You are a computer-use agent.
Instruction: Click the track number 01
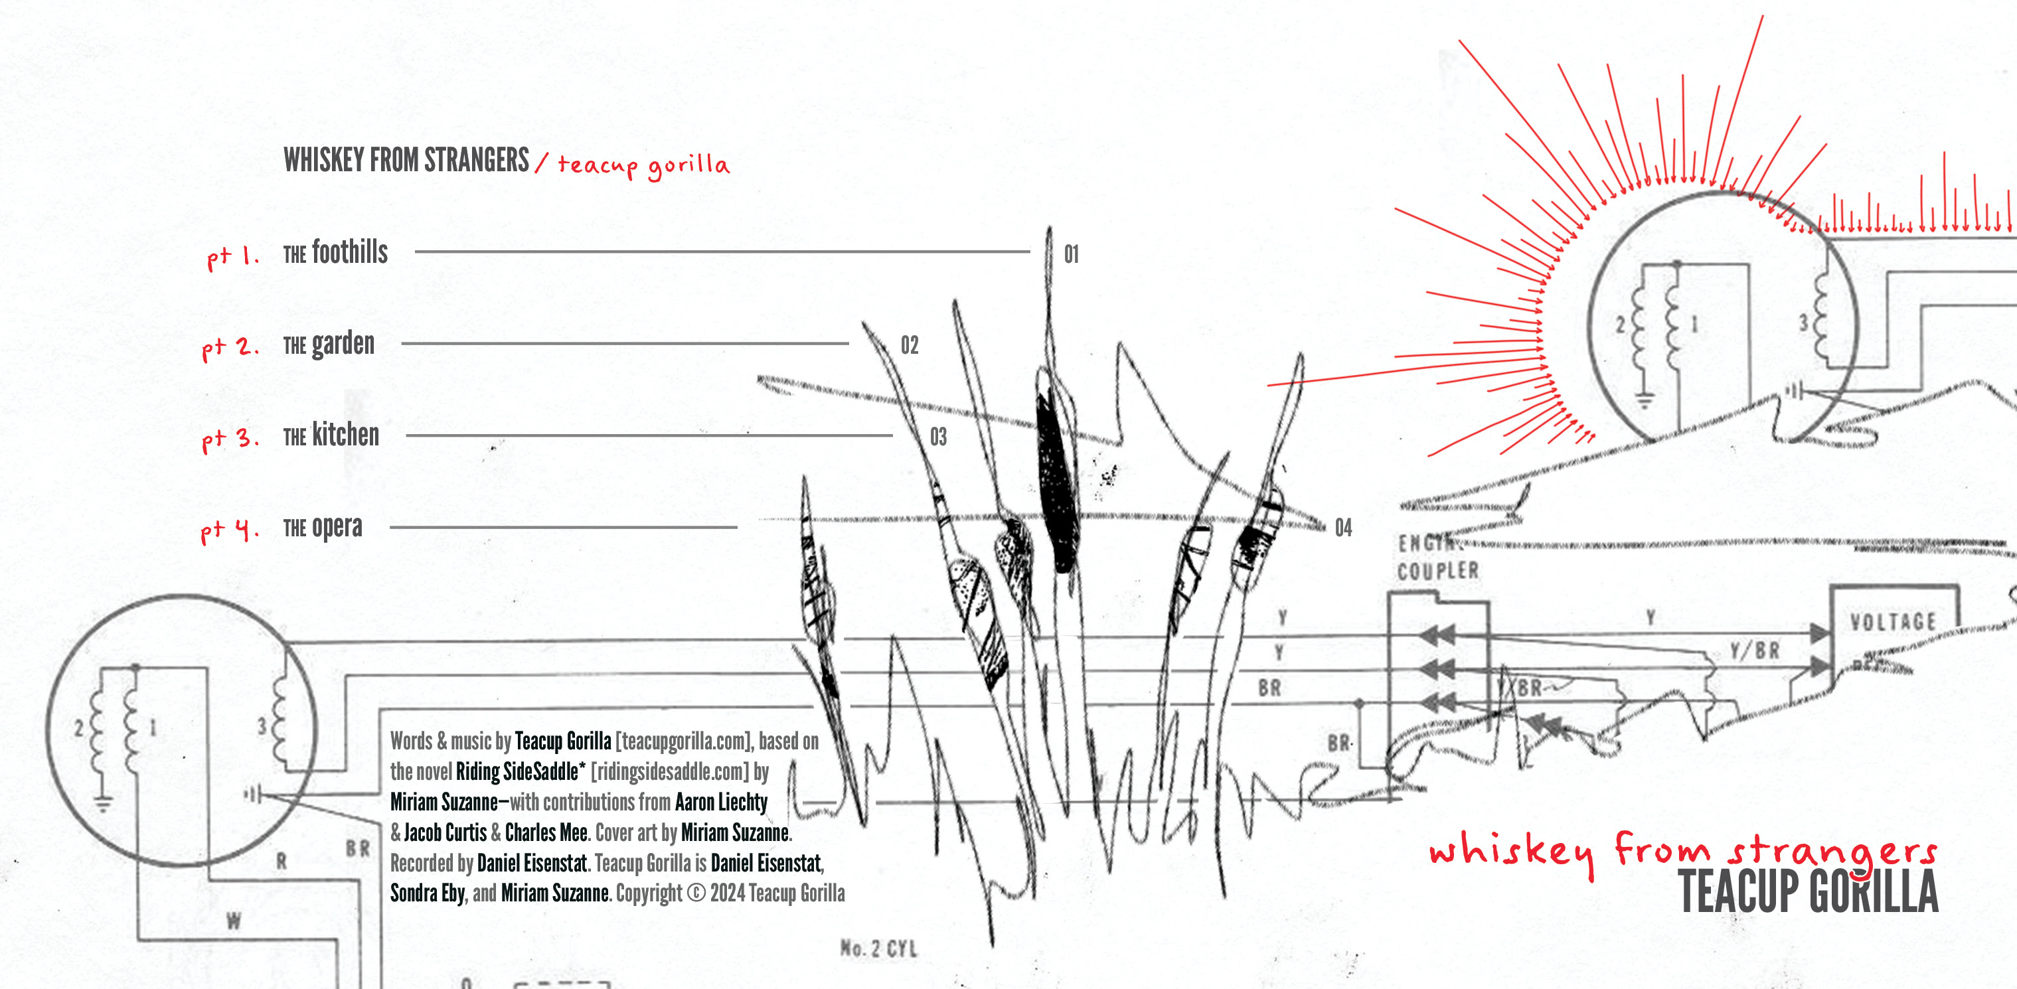[1071, 254]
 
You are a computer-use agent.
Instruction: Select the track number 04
[1344, 528]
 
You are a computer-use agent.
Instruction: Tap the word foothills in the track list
[350, 252]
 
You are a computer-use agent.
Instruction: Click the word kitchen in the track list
[345, 435]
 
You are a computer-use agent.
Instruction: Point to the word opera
[337, 528]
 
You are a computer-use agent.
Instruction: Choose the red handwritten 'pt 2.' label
[230, 347]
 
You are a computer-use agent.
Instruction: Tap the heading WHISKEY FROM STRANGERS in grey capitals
[406, 160]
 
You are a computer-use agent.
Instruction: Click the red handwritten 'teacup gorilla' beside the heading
[643, 165]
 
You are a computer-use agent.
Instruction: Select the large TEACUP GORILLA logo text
[1809, 892]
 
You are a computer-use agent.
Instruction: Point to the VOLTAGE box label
[1894, 623]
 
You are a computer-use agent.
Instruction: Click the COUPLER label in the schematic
[1438, 571]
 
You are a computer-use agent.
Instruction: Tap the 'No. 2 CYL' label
[878, 949]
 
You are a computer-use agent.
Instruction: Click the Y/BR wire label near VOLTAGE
[1755, 650]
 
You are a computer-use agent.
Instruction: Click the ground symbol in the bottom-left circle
[102, 802]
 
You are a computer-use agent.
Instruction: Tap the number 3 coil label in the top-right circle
[1803, 323]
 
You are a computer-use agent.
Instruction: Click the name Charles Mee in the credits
[546, 832]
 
